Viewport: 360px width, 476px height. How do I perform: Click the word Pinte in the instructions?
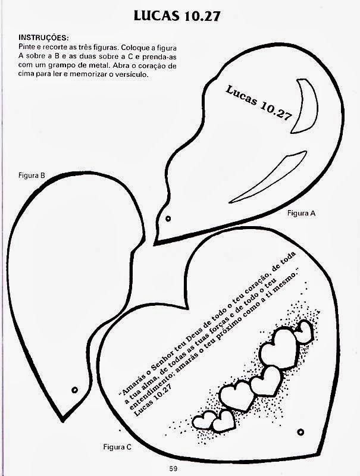[28, 45]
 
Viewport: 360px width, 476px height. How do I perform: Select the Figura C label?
[117, 445]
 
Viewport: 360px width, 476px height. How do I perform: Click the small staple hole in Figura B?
[75, 389]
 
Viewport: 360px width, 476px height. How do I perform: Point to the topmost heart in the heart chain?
[305, 329]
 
